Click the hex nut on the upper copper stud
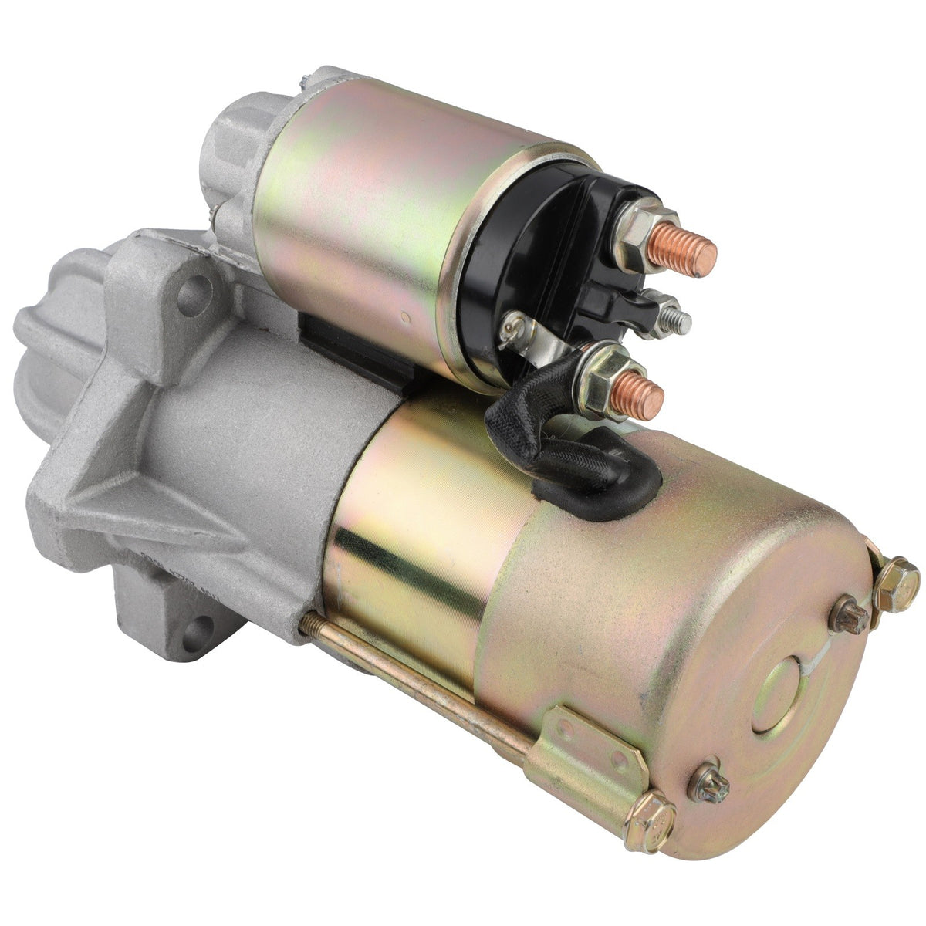637,230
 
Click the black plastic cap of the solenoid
532,255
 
